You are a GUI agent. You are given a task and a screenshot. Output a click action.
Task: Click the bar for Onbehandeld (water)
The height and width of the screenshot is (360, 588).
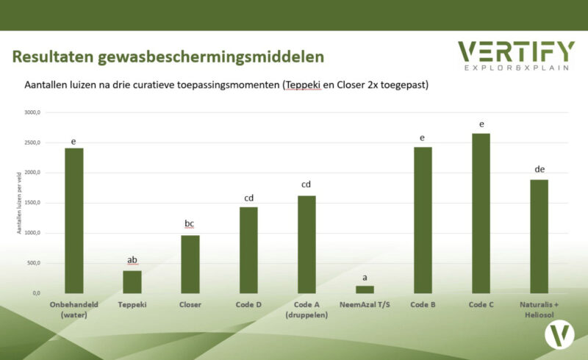(74, 220)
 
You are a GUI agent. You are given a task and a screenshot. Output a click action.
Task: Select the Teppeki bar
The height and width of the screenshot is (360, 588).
(132, 282)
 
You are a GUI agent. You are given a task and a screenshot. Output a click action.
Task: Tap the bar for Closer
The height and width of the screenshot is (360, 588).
(190, 264)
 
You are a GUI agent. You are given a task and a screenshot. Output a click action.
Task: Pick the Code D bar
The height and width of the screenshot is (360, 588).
(248, 250)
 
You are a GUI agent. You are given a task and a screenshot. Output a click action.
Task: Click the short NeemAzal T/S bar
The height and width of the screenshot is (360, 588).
(365, 289)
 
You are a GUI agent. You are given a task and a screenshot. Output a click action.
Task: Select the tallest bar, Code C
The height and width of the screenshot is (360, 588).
(481, 213)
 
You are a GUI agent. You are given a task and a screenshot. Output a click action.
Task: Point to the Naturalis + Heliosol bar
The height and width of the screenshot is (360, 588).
(539, 236)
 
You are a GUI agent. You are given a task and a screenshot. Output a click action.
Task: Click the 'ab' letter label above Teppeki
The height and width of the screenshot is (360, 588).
(132, 259)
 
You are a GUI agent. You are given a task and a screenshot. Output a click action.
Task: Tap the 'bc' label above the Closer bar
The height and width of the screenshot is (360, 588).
(190, 223)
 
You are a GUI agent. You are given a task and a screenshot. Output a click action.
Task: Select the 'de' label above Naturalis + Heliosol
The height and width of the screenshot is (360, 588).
(539, 169)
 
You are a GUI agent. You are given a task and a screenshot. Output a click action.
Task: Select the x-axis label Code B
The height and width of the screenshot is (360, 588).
(423, 304)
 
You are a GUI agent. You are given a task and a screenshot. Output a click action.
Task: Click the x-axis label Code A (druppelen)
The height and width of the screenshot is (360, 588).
(306, 309)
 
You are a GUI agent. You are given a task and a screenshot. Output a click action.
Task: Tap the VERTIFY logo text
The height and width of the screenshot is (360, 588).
(516, 51)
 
